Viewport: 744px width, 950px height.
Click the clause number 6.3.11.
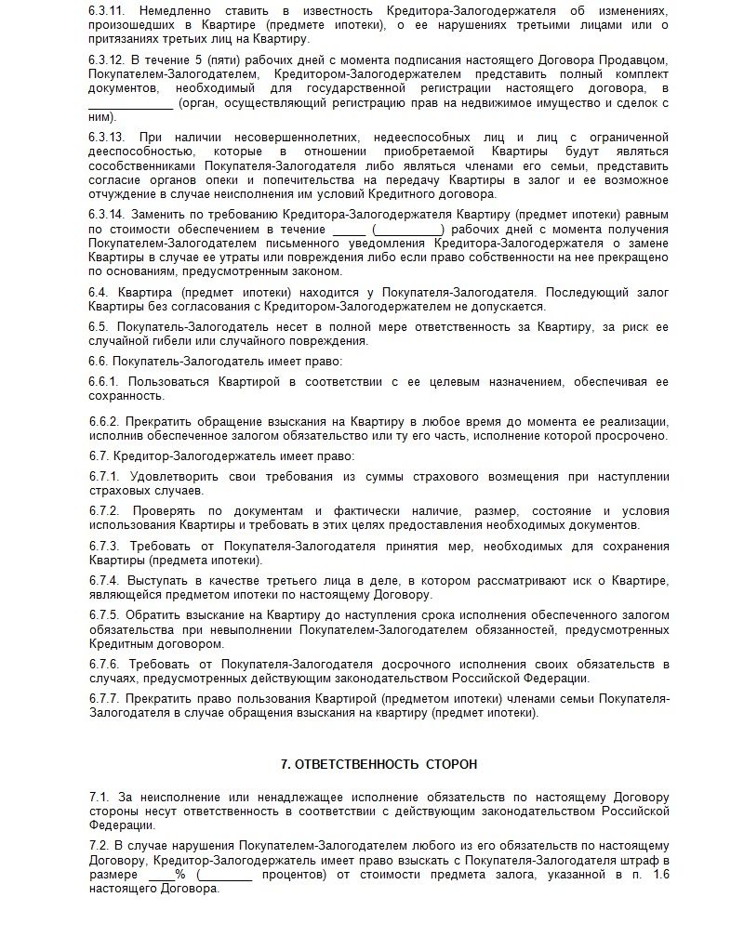(107, 10)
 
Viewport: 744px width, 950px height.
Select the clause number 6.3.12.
(107, 60)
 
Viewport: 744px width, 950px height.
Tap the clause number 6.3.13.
(107, 137)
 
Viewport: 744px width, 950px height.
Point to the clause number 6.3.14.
(107, 213)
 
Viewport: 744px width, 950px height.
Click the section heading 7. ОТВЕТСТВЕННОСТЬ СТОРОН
(379, 764)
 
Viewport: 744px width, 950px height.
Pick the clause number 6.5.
(100, 326)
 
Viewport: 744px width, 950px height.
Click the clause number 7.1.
(100, 797)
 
